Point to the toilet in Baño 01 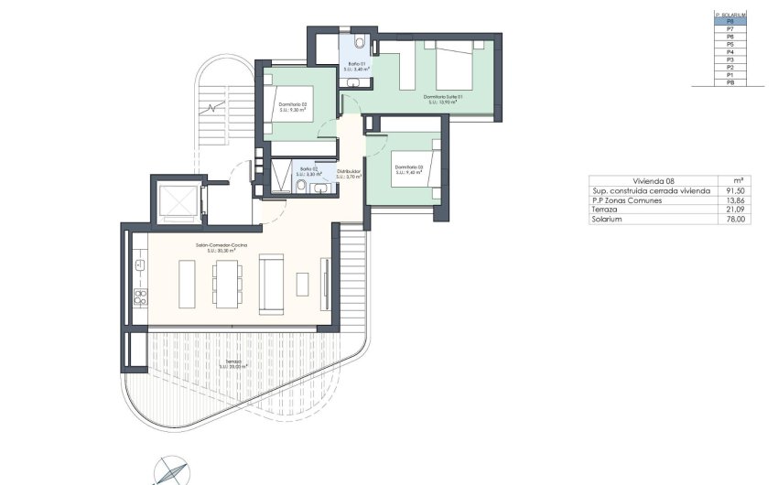click(x=362, y=43)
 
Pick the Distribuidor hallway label click(x=349, y=173)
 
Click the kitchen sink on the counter click(x=140, y=264)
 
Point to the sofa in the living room click(x=272, y=284)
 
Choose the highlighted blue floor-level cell click(x=730, y=21)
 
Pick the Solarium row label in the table click(x=607, y=219)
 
